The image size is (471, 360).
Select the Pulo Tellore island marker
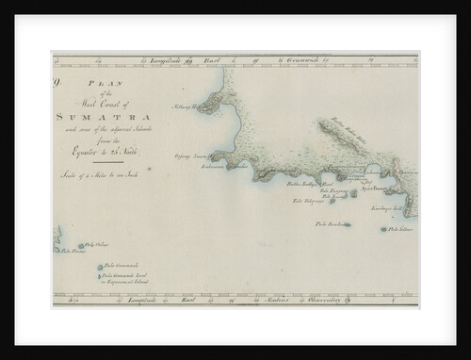(383, 229)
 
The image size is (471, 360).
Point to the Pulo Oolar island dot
(82, 247)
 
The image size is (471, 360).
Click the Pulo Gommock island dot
(100, 267)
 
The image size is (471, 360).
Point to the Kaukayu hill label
(386, 208)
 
